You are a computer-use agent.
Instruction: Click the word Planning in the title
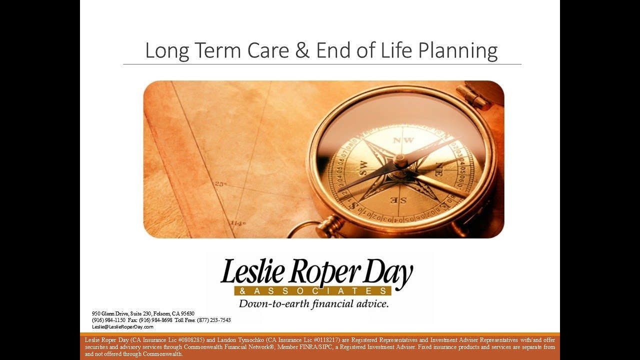[458, 51]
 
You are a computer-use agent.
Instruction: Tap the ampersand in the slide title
[302, 51]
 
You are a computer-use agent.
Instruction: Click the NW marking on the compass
[403, 140]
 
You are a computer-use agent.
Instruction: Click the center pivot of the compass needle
[400, 160]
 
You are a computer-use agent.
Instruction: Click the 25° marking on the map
[221, 184]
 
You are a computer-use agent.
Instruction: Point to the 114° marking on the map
[238, 223]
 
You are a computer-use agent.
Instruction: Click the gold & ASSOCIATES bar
[312, 291]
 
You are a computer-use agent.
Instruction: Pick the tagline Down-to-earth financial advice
[313, 303]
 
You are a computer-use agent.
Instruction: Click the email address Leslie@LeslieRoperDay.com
[122, 326]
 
